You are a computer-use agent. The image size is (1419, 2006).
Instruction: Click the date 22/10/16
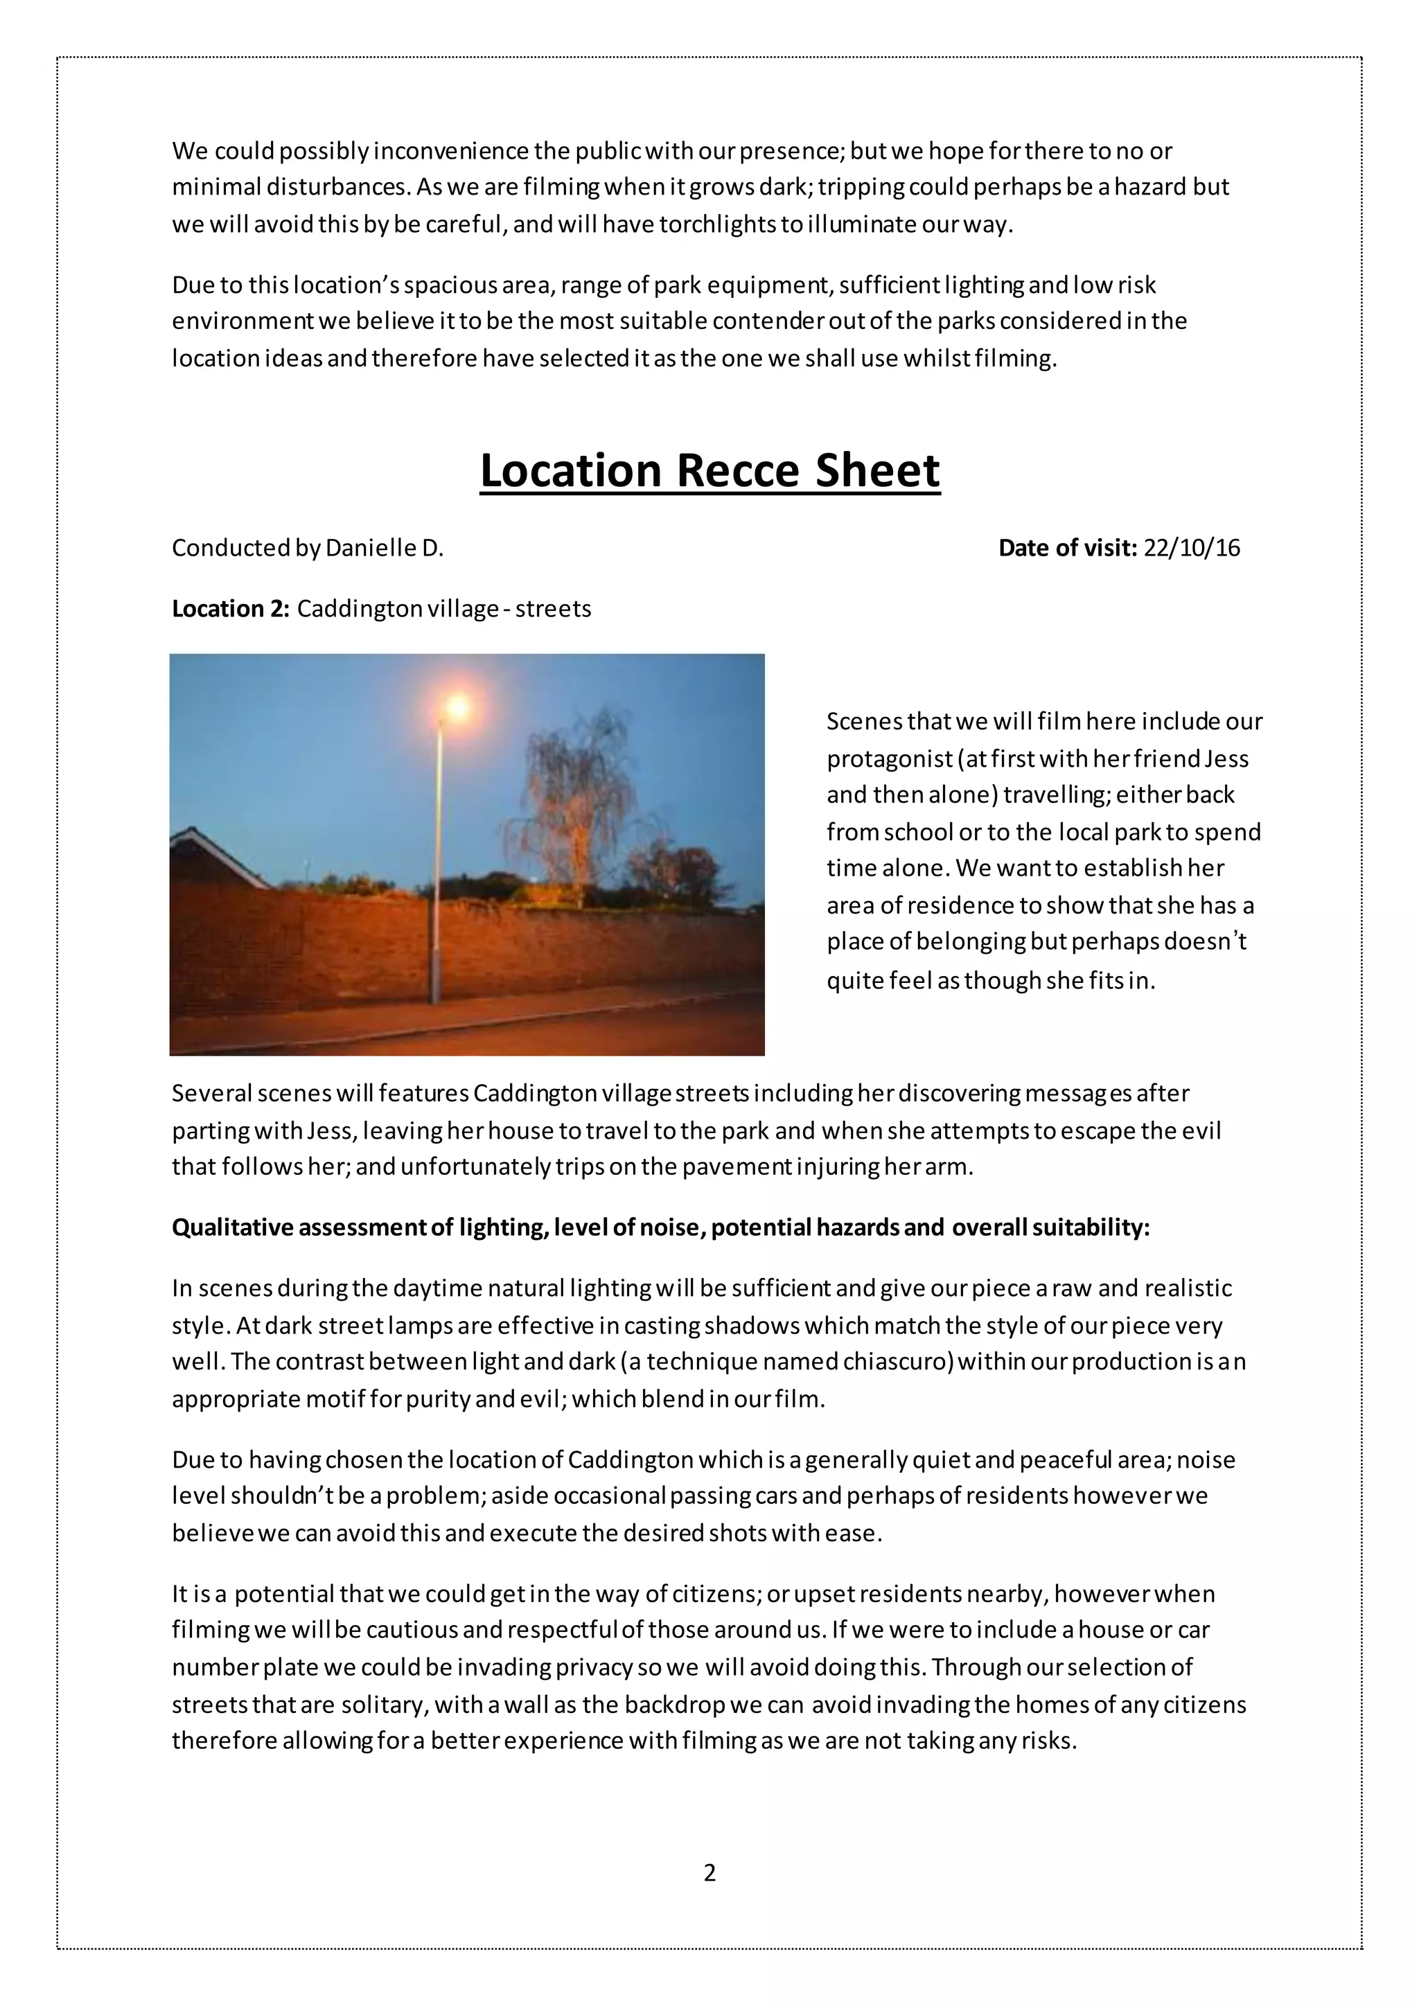pos(1192,548)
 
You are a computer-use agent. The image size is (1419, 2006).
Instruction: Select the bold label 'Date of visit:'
pos(1068,548)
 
